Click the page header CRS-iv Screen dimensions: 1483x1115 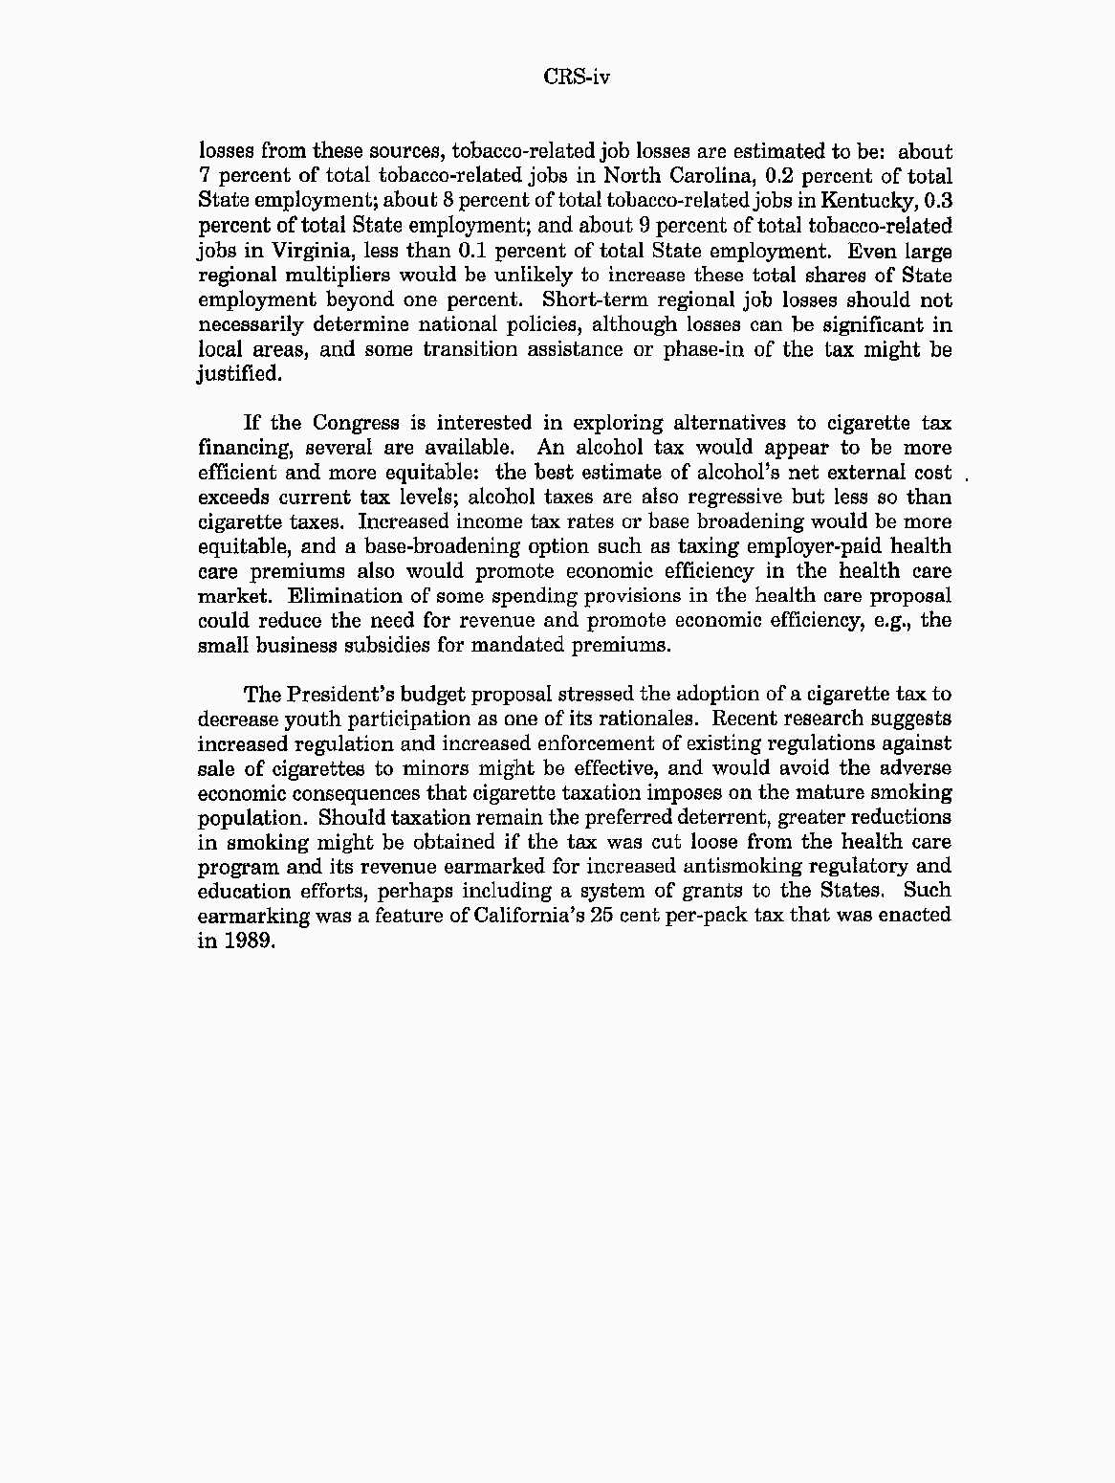577,77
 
